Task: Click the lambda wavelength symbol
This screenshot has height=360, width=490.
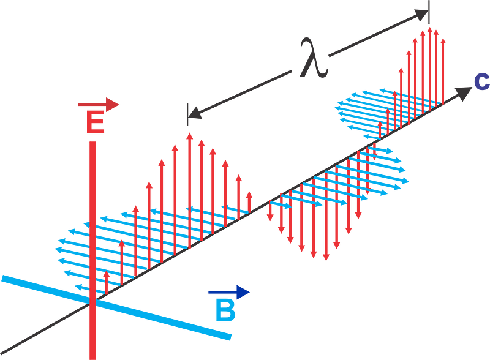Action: coord(314,58)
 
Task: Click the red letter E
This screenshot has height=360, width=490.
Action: coord(96,122)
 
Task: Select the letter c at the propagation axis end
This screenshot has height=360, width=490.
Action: coord(481,82)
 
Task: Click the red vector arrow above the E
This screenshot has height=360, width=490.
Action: coord(98,104)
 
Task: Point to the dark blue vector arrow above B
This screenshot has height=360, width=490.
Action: coord(229,293)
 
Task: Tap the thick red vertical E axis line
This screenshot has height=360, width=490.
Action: coord(93,250)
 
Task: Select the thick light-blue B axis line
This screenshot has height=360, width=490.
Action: coord(116,308)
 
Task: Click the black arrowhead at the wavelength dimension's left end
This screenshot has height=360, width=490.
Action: coord(195,113)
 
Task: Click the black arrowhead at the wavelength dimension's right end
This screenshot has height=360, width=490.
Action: coord(421,15)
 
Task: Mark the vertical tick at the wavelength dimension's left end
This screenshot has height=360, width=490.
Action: coord(187,114)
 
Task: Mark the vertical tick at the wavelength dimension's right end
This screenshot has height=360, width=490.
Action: coord(429,12)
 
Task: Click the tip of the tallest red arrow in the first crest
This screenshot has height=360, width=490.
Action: coord(189,133)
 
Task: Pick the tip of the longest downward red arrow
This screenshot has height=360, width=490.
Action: coord(326,260)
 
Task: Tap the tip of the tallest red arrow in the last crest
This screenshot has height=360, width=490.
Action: coord(430,28)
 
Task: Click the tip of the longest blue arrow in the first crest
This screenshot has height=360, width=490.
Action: coord(55,249)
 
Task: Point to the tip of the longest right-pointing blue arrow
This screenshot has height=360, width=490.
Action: coord(409,181)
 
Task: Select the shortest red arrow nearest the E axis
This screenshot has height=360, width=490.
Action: coord(107,282)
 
